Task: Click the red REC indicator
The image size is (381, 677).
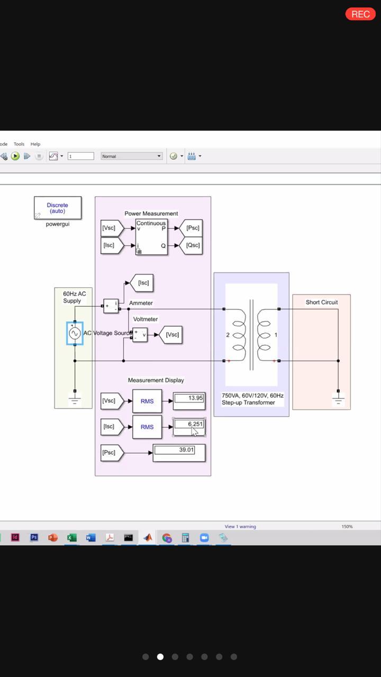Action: tap(360, 14)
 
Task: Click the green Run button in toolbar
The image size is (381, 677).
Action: tap(15, 156)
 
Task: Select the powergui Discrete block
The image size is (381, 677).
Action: tap(58, 208)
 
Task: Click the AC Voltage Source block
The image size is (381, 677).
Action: tap(75, 333)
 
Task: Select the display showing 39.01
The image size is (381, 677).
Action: tap(179, 452)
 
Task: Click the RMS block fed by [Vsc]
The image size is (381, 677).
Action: tap(147, 401)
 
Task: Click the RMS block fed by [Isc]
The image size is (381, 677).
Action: tap(147, 427)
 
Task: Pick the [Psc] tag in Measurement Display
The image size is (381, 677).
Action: tap(111, 453)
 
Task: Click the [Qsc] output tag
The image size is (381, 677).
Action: tap(192, 245)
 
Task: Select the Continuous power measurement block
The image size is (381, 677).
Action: tap(151, 237)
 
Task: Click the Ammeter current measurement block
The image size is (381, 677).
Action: tap(111, 306)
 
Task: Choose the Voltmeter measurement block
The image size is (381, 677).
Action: tap(140, 334)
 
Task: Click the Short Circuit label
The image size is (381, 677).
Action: tap(321, 303)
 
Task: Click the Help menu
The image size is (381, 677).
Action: tap(35, 144)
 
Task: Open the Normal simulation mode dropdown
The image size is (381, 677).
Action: tap(132, 156)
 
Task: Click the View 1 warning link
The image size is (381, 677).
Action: tap(240, 526)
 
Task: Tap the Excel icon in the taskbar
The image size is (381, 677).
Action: tap(72, 537)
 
